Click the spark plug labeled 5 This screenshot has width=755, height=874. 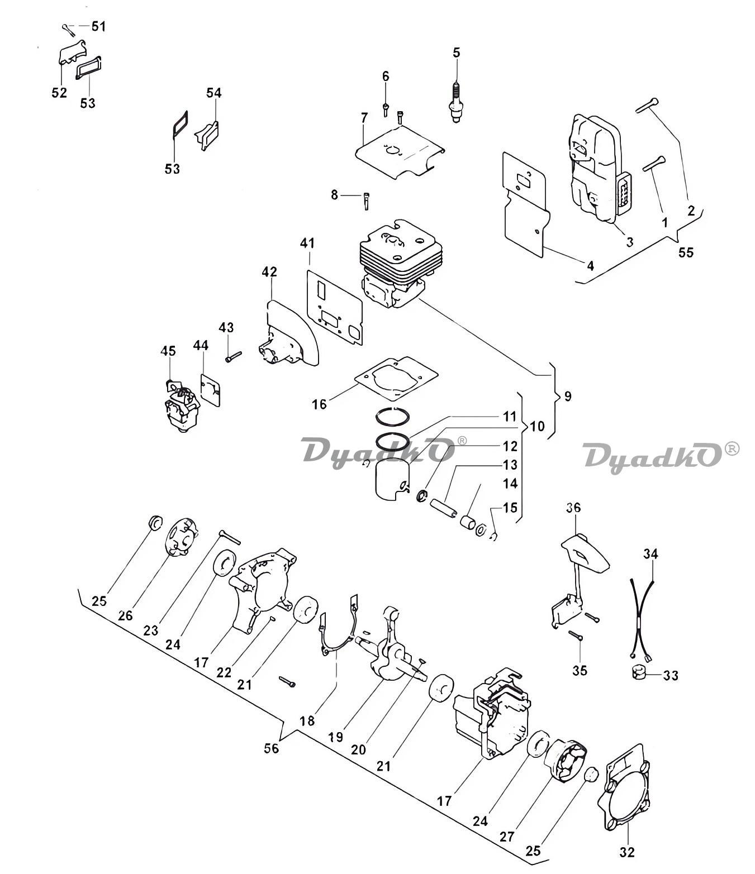point(456,102)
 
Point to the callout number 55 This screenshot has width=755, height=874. point(686,252)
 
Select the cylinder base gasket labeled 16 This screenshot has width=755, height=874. point(396,377)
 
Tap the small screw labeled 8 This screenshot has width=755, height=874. point(365,200)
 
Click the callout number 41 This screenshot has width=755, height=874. point(307,243)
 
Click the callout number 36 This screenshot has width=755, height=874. point(573,508)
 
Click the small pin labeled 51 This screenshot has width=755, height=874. point(68,30)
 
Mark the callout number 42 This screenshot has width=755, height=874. point(269,271)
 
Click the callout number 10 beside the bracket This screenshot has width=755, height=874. point(537,426)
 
